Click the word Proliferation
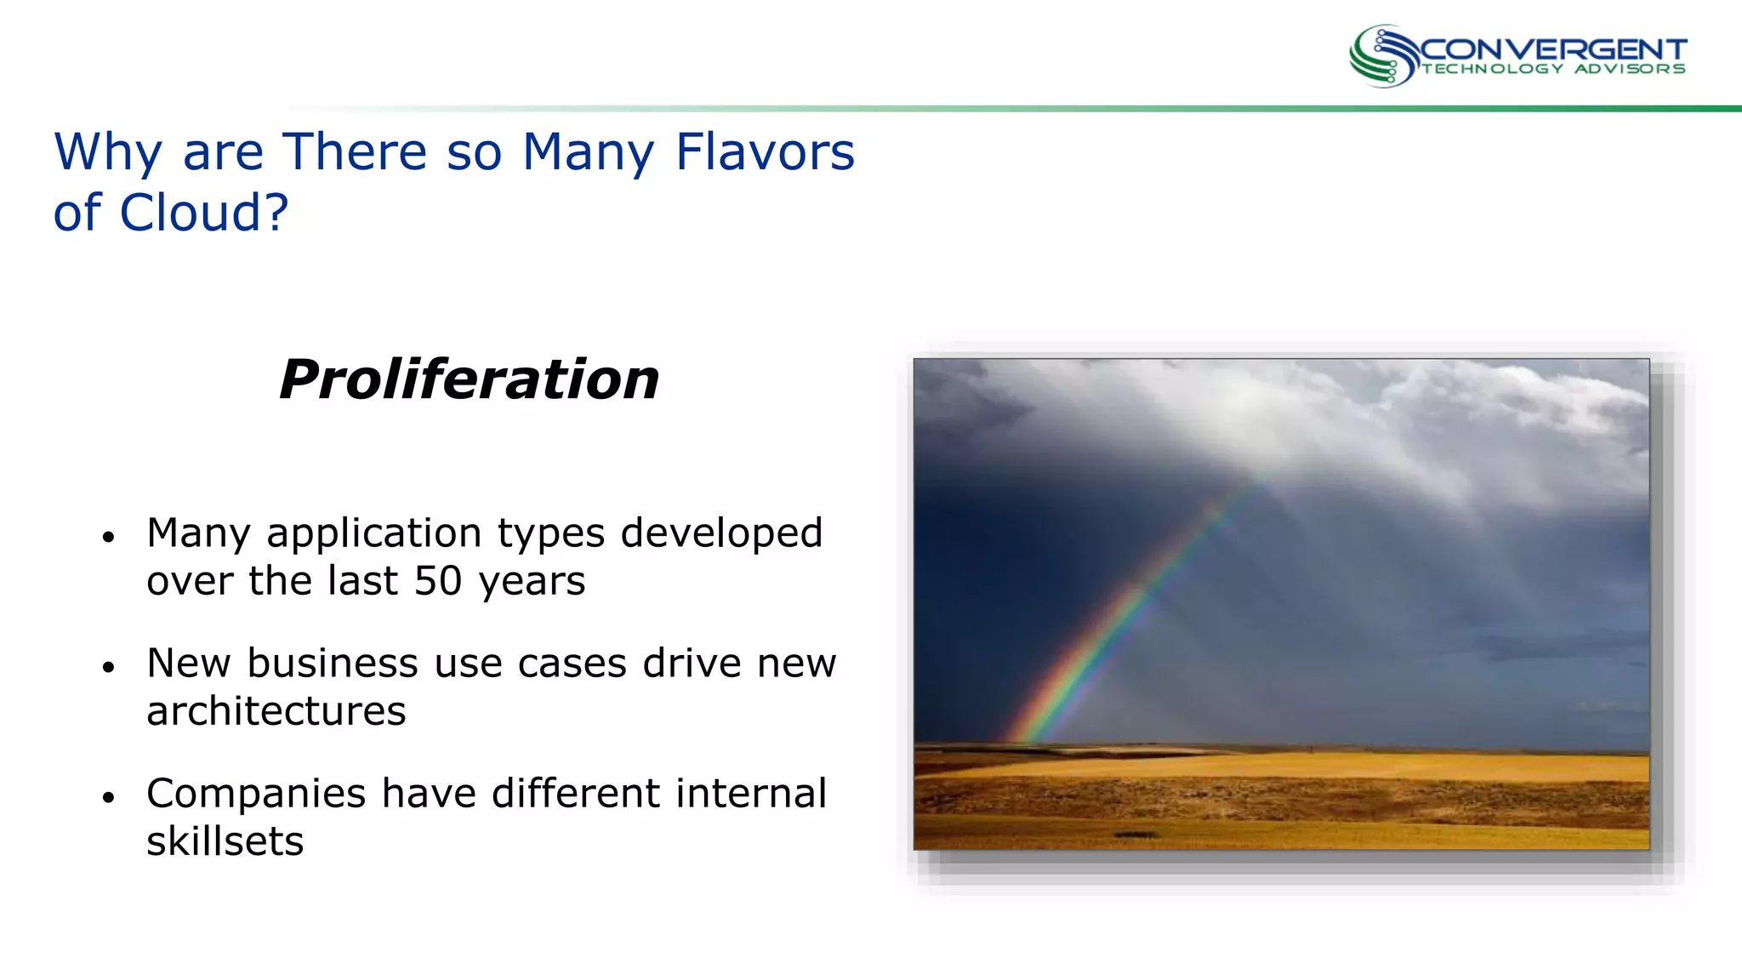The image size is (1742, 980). click(469, 379)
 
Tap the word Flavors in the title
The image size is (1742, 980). click(765, 152)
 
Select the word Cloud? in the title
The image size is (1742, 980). click(204, 213)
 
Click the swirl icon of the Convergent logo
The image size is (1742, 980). click(1383, 56)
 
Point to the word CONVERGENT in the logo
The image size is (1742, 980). click(1552, 49)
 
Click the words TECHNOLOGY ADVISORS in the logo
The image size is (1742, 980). click(1553, 69)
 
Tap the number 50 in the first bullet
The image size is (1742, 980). click(437, 581)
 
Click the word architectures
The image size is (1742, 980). click(276, 711)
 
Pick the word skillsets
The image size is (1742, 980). click(225, 841)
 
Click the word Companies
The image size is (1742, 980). click(256, 794)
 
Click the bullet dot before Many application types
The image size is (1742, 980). click(108, 538)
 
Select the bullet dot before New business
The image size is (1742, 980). click(108, 668)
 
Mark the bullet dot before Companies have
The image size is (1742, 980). click(108, 798)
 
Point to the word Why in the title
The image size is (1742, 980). click(107, 152)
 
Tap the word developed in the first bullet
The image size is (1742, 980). click(721, 534)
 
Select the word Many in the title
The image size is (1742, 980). click(588, 152)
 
